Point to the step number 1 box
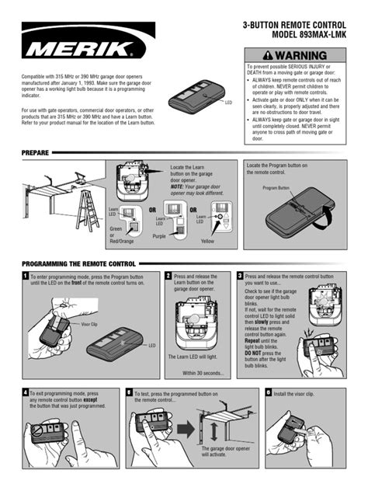(x=25, y=276)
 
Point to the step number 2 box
(x=168, y=276)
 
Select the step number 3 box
(x=239, y=276)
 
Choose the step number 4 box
(x=25, y=393)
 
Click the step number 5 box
(x=128, y=393)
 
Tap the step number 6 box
(x=268, y=393)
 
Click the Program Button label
(x=276, y=189)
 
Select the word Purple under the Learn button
(x=159, y=236)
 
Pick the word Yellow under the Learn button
(x=207, y=242)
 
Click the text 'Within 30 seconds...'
(x=203, y=374)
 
